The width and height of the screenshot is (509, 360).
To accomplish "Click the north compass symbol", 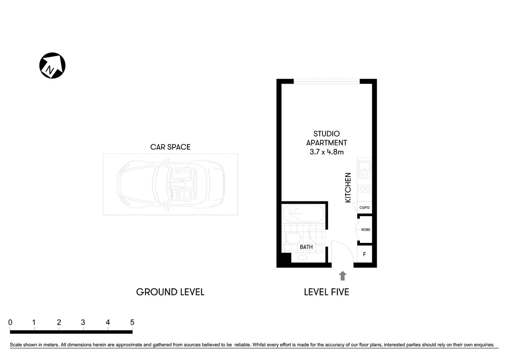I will (x=52, y=66).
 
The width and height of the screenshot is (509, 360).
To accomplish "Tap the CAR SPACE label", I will (x=170, y=147).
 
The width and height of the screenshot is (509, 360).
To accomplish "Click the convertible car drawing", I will (x=171, y=184).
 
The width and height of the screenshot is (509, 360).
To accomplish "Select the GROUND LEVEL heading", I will (x=170, y=292).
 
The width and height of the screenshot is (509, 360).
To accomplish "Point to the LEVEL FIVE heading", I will (x=326, y=292).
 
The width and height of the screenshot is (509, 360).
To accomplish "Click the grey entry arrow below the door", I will (x=342, y=276).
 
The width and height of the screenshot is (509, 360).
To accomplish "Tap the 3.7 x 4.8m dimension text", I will (x=326, y=152).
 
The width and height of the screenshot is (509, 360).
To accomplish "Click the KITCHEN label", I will (x=348, y=187).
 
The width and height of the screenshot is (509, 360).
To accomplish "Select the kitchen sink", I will (x=364, y=169).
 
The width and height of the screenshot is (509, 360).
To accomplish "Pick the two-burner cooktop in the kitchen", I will (x=364, y=189).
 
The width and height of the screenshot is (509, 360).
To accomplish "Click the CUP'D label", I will (x=364, y=208).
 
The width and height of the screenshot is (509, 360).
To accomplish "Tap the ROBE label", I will (x=365, y=229).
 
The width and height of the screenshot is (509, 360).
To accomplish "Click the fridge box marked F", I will (x=364, y=254).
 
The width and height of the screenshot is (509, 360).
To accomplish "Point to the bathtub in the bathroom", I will (x=302, y=213).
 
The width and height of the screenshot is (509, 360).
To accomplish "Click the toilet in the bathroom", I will (x=292, y=238).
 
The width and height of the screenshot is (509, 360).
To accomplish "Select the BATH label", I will (x=306, y=247).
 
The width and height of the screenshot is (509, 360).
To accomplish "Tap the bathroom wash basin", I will (x=302, y=258).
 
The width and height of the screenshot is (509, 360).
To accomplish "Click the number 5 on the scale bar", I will (x=132, y=322).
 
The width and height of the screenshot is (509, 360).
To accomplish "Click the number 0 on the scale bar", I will (x=10, y=322).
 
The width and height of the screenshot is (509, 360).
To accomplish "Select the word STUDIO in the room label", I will (x=326, y=134).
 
